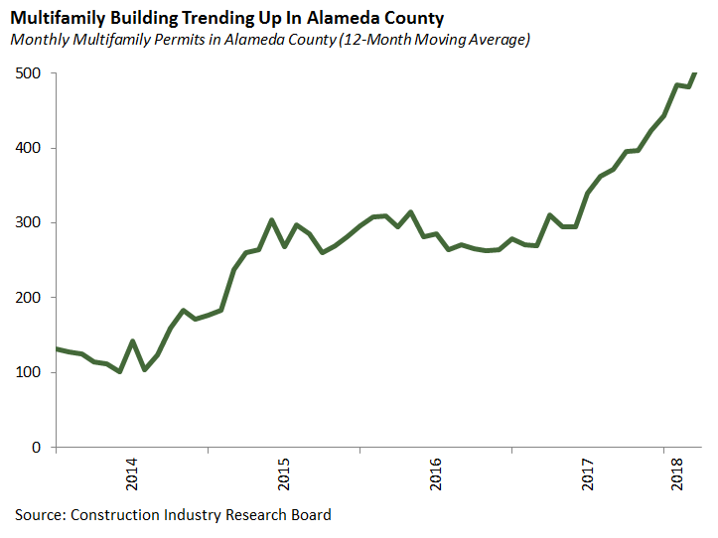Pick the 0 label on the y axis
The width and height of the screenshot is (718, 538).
click(36, 448)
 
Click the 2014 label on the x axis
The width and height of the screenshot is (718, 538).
click(132, 471)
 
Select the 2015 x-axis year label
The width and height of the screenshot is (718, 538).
click(285, 471)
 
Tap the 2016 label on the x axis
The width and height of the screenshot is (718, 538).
click(437, 471)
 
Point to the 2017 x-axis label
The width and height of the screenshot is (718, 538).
click(589, 471)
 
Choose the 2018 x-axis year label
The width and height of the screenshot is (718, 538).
click(677, 471)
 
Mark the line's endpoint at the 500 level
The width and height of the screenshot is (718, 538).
click(694, 73)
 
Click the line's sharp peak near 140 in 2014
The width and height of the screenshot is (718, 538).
click(132, 341)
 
